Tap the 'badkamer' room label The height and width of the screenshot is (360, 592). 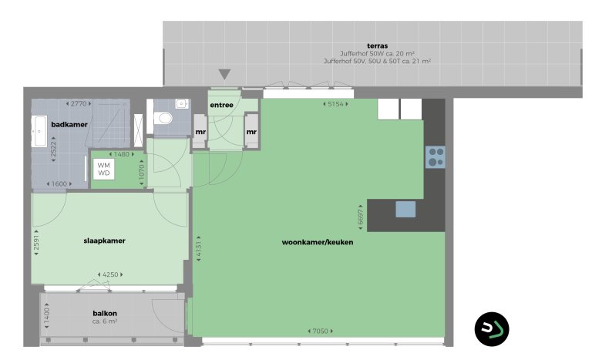[x=69, y=124]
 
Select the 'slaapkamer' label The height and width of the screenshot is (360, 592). [x=104, y=241]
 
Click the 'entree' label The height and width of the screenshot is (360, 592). [x=222, y=105]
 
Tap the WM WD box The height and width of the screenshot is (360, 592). [x=104, y=170]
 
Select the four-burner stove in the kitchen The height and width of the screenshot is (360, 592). [x=436, y=157]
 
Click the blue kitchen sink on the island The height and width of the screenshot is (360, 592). [x=405, y=209]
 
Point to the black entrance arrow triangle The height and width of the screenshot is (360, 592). [x=224, y=75]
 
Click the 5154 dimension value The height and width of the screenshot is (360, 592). [x=333, y=103]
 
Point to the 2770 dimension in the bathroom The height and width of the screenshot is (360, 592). [x=79, y=103]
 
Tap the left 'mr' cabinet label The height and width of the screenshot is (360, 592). [x=200, y=132]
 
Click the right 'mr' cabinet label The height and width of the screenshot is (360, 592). [x=251, y=132]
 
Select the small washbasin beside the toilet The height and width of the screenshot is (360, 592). [x=180, y=103]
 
